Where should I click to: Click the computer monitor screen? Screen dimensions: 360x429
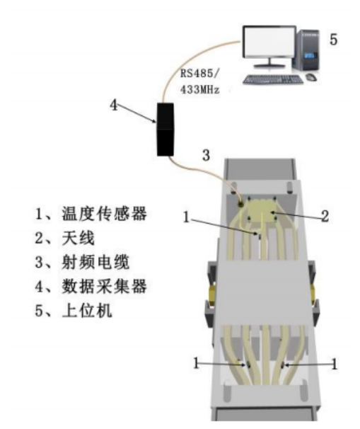pos(269,41)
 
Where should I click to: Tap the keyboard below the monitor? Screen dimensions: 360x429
pos(273,79)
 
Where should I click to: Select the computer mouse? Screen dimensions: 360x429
pos(311,77)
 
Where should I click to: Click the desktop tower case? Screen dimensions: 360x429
pos(308,51)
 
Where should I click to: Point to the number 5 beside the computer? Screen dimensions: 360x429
pos(333,40)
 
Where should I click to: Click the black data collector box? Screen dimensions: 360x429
pos(165,130)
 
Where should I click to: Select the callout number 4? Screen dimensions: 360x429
pos(114,105)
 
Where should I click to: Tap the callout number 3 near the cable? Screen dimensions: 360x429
pos(206,155)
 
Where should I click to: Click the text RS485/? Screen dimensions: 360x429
pos(199,74)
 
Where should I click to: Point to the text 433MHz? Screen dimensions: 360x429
pos(200,89)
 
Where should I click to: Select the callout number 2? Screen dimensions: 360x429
pos(325,217)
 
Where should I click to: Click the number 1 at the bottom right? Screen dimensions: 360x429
pos(334,365)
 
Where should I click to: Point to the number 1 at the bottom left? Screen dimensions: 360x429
pos(196,363)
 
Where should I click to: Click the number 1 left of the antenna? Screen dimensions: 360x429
pos(186,217)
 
